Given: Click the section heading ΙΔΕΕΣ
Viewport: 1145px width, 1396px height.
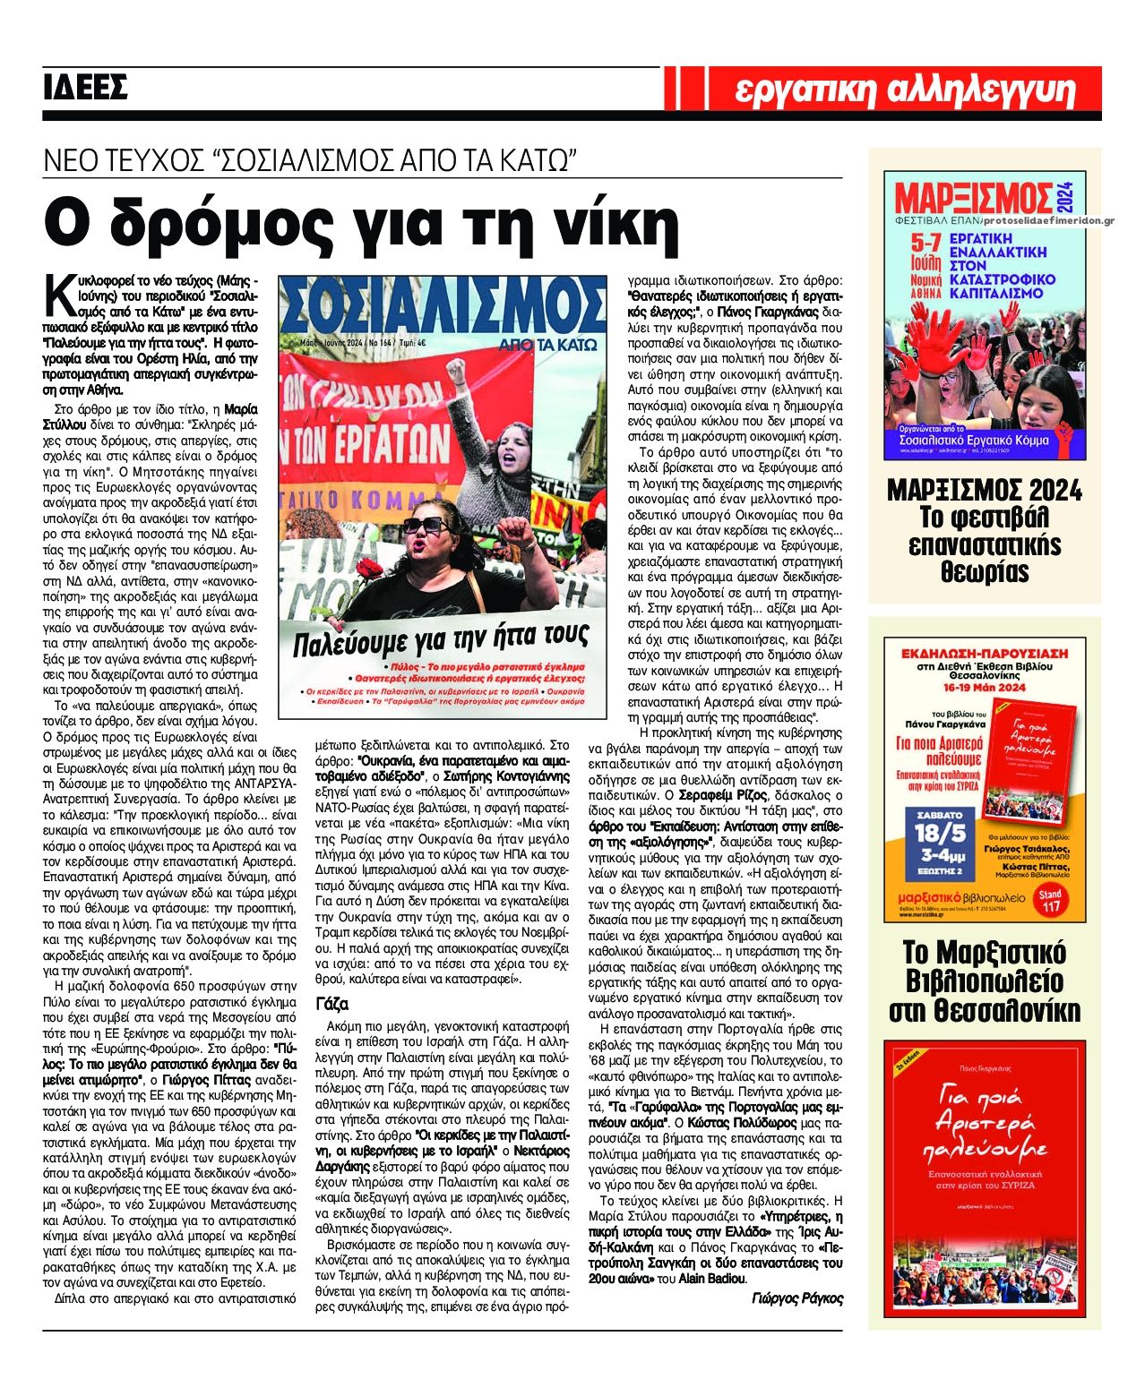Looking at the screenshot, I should (86, 87).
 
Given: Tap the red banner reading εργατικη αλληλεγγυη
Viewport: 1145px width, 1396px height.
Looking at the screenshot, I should (904, 89).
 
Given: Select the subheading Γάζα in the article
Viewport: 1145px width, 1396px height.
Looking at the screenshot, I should (332, 1003).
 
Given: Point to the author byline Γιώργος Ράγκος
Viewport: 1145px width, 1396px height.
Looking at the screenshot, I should (796, 1298).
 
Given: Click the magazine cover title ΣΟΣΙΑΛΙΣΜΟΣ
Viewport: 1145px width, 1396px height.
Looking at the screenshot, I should (443, 306).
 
